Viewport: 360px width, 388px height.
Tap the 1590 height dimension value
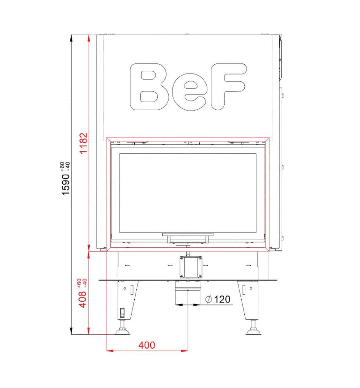coord(66,185)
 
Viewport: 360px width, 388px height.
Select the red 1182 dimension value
coord(83,143)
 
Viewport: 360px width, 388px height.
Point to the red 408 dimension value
coord(83,299)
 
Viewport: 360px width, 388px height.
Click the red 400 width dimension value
coord(147,345)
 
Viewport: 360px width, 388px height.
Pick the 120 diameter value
coord(222,299)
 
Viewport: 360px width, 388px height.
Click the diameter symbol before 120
coord(209,299)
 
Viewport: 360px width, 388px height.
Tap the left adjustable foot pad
coord(123,332)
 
